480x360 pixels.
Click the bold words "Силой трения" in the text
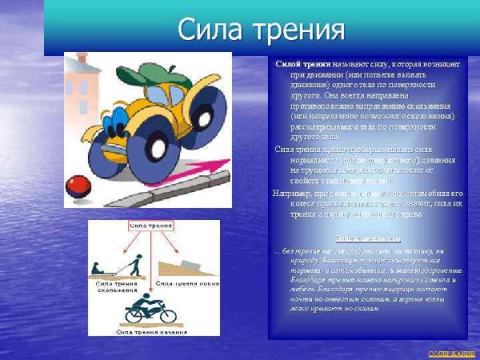[x=298, y=63]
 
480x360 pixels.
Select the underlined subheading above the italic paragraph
[x=368, y=238]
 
